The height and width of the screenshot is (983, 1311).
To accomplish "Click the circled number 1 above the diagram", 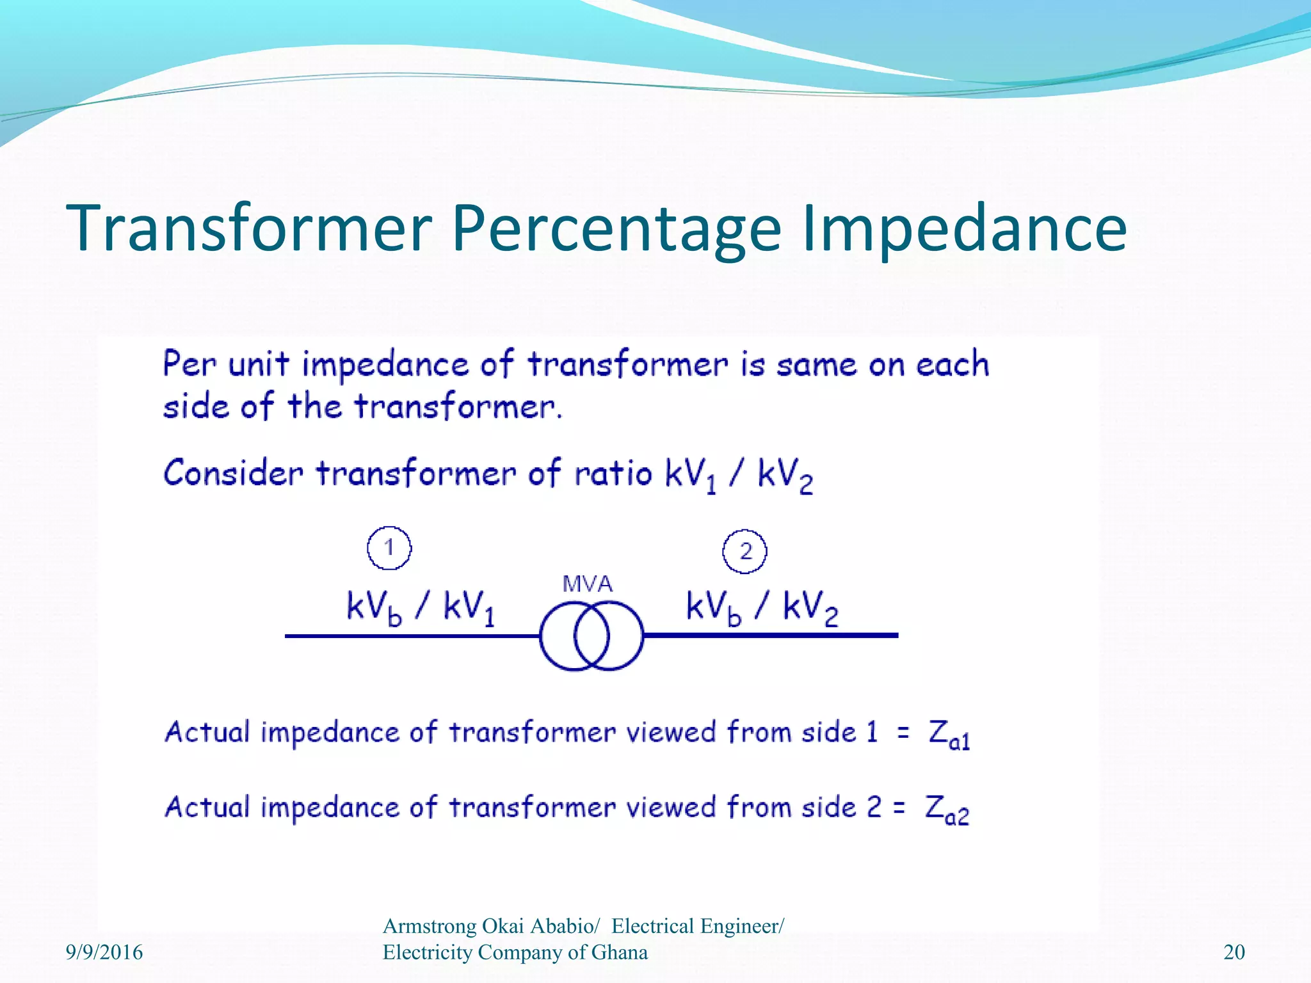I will click(x=389, y=548).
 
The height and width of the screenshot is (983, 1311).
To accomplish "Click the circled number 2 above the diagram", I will click(x=744, y=551).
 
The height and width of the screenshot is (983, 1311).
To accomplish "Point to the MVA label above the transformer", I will click(x=587, y=584).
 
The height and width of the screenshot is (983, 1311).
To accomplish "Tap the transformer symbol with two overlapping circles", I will click(x=591, y=635).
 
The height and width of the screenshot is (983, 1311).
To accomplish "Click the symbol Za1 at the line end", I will click(x=949, y=733).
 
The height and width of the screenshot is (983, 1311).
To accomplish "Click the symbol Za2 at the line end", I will click(x=947, y=810).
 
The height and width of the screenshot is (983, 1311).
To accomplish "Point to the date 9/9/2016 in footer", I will click(x=104, y=952).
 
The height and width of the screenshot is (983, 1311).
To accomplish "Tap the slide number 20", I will click(x=1234, y=952).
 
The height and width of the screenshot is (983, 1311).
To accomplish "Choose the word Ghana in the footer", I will click(x=619, y=952).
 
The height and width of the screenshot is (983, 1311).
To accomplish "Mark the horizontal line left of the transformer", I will click(x=410, y=635).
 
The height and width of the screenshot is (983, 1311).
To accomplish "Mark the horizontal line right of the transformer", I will click(x=768, y=635).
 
